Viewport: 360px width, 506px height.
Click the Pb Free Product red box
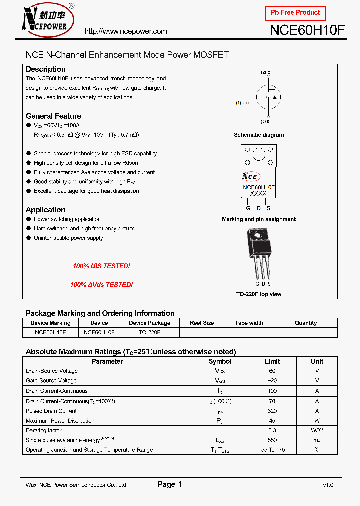tap(295, 13)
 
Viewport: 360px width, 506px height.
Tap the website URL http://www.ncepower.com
tap(126, 31)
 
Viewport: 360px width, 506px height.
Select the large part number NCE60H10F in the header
tap(307, 30)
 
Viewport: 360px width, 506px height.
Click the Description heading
tap(46, 69)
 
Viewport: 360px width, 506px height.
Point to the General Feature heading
tap(53, 116)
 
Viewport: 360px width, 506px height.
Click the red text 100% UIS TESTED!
tap(101, 266)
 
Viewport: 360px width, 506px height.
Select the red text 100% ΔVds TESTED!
tap(101, 285)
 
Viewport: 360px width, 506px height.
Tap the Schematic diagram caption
tap(259, 135)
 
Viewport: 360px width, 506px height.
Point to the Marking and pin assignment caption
tap(259, 219)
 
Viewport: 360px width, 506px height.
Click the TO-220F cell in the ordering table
tap(149, 332)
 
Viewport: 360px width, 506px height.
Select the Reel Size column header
tap(202, 323)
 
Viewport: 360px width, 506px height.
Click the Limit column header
tap(272, 361)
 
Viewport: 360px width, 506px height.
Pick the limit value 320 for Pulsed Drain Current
tap(272, 411)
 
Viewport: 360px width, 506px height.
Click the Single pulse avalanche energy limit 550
tap(272, 440)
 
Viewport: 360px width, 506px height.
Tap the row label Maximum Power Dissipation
tap(60, 421)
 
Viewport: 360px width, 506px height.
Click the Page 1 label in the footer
tap(170, 484)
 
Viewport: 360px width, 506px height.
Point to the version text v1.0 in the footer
tap(328, 485)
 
